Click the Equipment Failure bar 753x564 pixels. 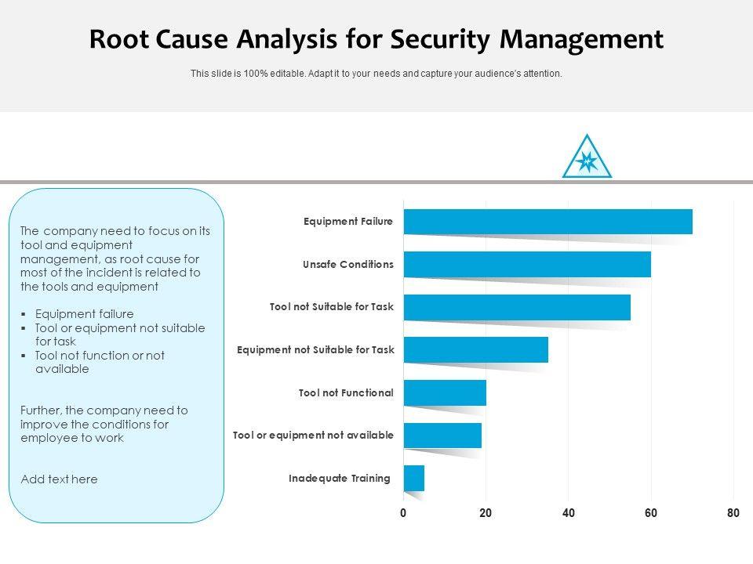(547, 222)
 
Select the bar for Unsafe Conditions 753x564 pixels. (527, 265)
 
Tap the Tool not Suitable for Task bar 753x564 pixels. (517, 307)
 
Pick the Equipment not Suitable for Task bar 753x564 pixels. (475, 350)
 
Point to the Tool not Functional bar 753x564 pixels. (445, 392)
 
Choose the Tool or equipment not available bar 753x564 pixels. (442, 436)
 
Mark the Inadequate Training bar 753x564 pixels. (414, 478)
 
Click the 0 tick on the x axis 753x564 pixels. (403, 514)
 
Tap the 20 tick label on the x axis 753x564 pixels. (486, 514)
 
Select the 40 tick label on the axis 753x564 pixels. (569, 514)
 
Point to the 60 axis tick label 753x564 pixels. (651, 514)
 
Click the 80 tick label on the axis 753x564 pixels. (733, 514)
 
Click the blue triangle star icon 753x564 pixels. (587, 159)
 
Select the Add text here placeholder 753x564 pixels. (59, 479)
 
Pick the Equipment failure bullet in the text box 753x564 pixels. (85, 314)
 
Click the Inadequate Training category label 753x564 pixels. (339, 478)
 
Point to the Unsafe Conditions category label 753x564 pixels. (347, 265)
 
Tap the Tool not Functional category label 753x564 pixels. (346, 392)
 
